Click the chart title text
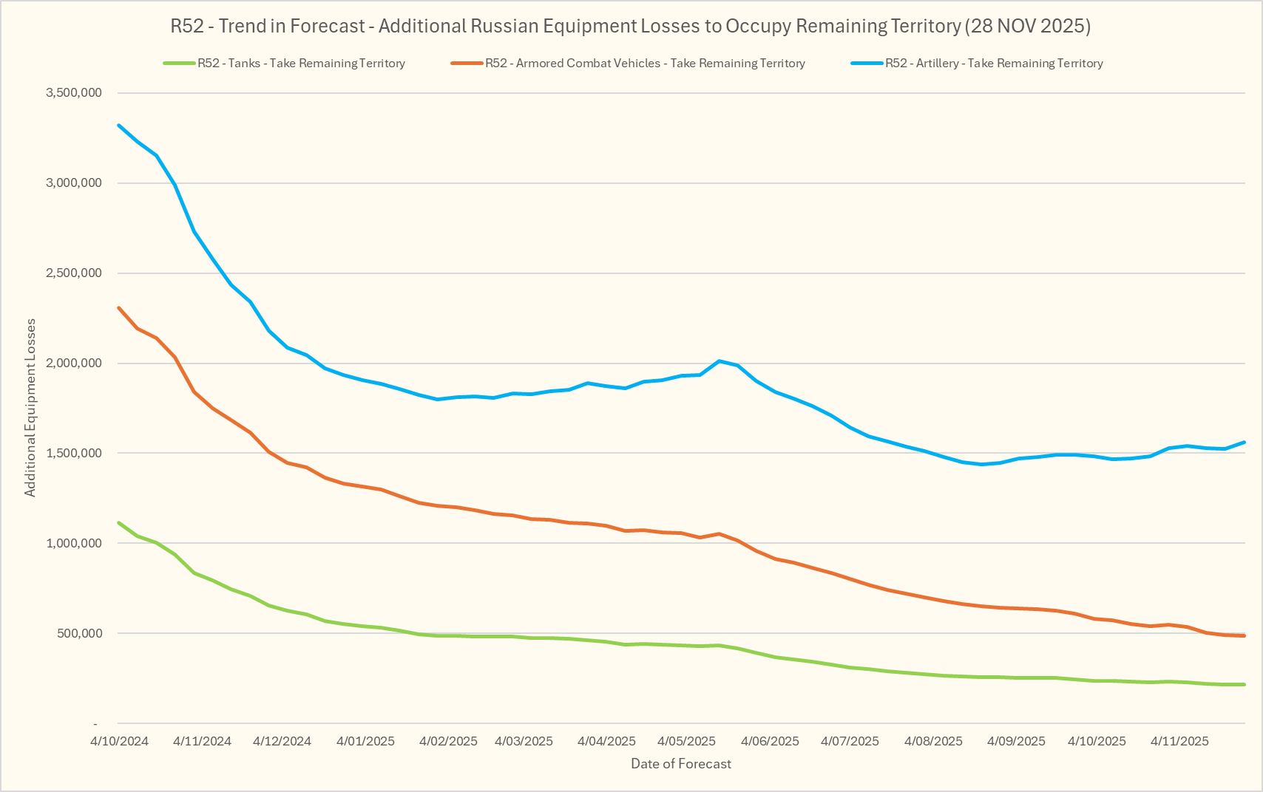click(631, 27)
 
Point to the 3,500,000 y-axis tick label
click(74, 93)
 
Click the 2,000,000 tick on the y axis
click(74, 363)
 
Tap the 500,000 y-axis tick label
click(80, 634)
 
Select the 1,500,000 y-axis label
click(74, 454)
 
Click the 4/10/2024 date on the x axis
click(120, 741)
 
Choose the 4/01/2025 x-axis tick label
click(366, 741)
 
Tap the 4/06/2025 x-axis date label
click(770, 741)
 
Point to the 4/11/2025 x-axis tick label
click(1179, 741)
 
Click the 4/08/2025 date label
click(933, 741)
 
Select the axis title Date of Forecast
click(680, 764)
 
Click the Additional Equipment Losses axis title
click(30, 408)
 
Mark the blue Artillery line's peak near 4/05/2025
click(719, 361)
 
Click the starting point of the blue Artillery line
click(119, 126)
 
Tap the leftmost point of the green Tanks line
click(119, 523)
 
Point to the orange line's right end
click(1244, 635)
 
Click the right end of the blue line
click(1244, 443)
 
